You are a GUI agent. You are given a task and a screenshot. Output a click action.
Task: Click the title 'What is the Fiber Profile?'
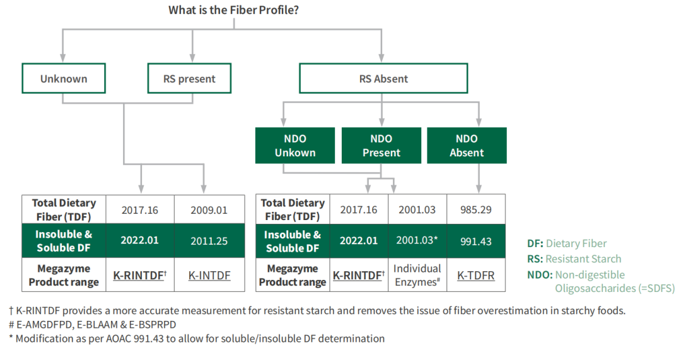(x=234, y=10)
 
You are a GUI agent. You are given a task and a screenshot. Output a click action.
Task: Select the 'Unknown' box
(x=64, y=79)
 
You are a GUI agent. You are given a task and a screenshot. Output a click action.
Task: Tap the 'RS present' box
(x=189, y=79)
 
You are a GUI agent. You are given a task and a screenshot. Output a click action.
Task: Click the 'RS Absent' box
(x=383, y=79)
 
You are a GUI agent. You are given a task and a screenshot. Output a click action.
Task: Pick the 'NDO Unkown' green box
(x=295, y=146)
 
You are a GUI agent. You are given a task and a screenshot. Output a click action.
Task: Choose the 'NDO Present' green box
(x=381, y=146)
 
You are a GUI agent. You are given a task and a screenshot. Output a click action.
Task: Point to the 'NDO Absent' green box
(x=467, y=146)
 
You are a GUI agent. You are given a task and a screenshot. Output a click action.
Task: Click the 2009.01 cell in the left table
(x=209, y=210)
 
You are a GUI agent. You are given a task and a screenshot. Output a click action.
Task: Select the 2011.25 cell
(x=209, y=241)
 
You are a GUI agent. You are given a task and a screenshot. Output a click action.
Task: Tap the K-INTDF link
(x=209, y=276)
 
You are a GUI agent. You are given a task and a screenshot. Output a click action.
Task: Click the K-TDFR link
(x=476, y=276)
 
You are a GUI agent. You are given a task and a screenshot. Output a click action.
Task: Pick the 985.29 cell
(x=476, y=210)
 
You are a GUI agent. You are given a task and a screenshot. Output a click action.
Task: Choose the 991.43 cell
(x=476, y=241)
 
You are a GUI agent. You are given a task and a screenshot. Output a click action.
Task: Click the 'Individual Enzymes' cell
(x=417, y=275)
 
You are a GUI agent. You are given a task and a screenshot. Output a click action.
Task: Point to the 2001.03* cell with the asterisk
(x=417, y=241)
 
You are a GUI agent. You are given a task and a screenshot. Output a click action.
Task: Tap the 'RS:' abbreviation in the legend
(x=535, y=259)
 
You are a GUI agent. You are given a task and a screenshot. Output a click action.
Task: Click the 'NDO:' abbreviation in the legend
(x=540, y=275)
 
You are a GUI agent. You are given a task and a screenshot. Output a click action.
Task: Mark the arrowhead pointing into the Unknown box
(x=63, y=58)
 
